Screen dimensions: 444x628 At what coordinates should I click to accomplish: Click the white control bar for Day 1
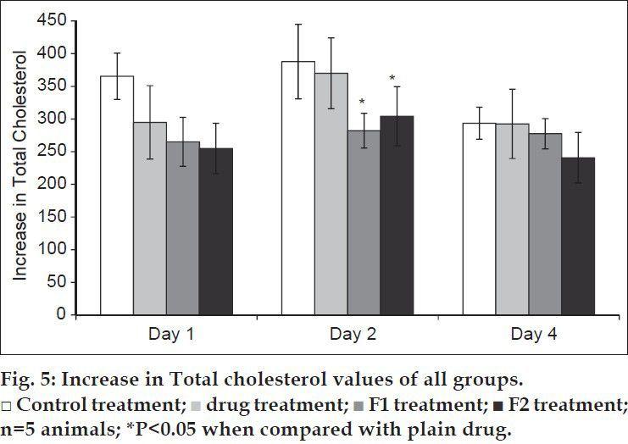[x=117, y=195]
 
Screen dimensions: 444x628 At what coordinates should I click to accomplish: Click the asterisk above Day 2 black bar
[x=392, y=80]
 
